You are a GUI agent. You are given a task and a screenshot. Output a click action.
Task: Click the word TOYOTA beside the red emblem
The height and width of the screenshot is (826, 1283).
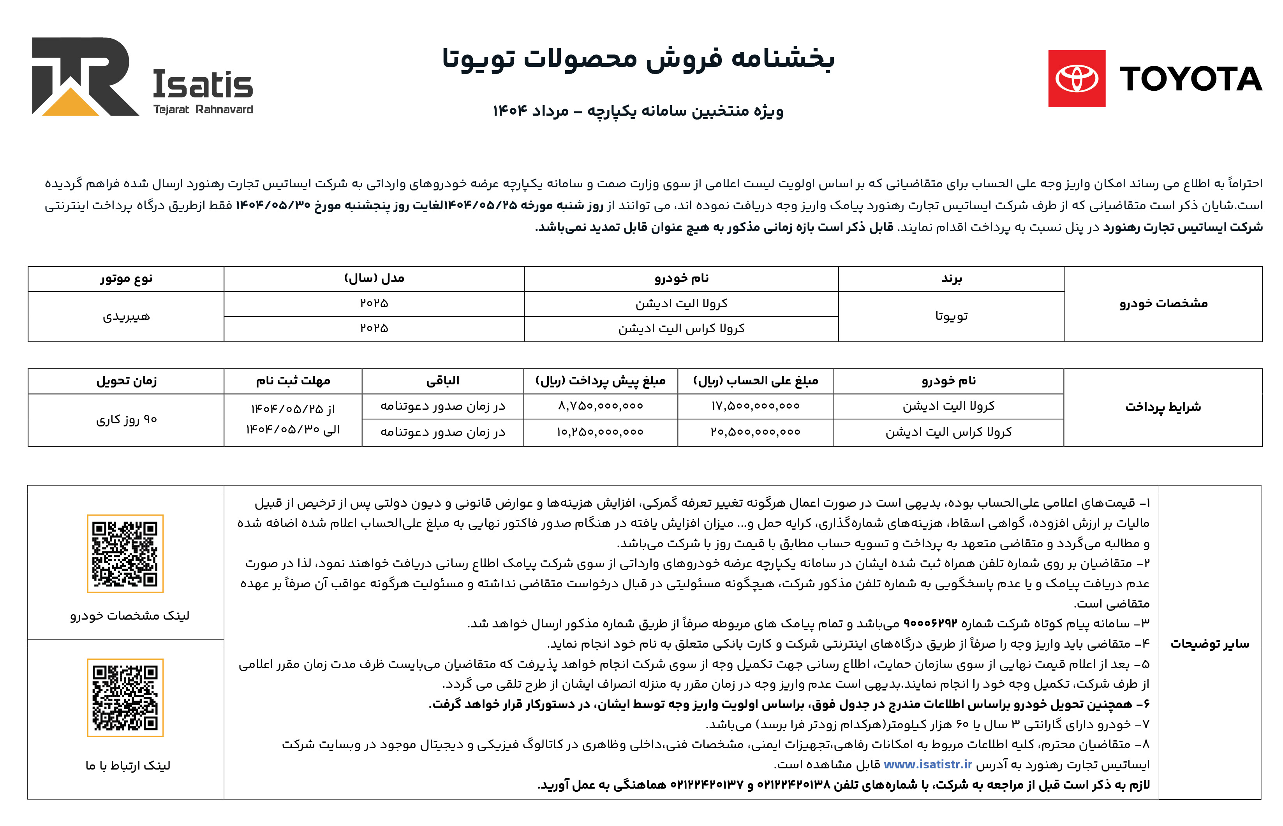click(1190, 79)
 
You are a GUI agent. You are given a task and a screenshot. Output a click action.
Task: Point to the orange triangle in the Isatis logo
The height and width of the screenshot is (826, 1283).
click(70, 103)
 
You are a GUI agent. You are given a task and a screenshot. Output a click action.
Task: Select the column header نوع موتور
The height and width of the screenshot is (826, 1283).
click(126, 278)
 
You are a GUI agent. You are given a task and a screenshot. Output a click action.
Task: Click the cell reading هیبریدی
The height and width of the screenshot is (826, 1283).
click(126, 317)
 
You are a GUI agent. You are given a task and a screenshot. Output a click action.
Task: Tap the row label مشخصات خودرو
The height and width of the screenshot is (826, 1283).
click(1163, 304)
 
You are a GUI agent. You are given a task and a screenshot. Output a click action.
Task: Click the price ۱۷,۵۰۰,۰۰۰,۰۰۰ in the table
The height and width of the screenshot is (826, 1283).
click(755, 406)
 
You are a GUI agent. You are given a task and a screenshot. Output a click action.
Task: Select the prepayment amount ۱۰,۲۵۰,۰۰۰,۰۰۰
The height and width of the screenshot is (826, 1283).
click(600, 432)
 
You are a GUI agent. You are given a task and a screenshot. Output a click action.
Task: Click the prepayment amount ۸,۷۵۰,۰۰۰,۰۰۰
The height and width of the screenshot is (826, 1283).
click(600, 406)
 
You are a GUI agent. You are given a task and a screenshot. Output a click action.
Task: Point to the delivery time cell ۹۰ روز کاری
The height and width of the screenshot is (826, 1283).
click(126, 419)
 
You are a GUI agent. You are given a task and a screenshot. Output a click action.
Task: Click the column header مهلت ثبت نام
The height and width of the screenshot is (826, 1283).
click(293, 381)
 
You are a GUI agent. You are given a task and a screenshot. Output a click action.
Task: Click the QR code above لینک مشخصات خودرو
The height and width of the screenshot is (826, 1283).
click(125, 553)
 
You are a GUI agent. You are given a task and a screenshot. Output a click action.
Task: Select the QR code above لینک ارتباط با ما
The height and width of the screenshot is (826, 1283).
click(125, 697)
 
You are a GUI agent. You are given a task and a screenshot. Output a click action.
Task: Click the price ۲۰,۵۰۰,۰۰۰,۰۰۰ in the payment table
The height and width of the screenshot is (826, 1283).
click(755, 432)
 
